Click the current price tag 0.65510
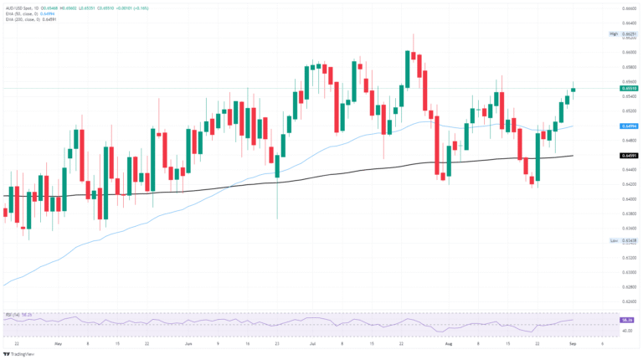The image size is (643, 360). tap(625, 88)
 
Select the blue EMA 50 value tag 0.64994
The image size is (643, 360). tap(625, 126)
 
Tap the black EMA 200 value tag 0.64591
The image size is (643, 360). tap(625, 156)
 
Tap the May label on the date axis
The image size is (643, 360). tap(58, 343)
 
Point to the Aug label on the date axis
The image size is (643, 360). tap(450, 343)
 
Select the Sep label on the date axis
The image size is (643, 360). tap(573, 343)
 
